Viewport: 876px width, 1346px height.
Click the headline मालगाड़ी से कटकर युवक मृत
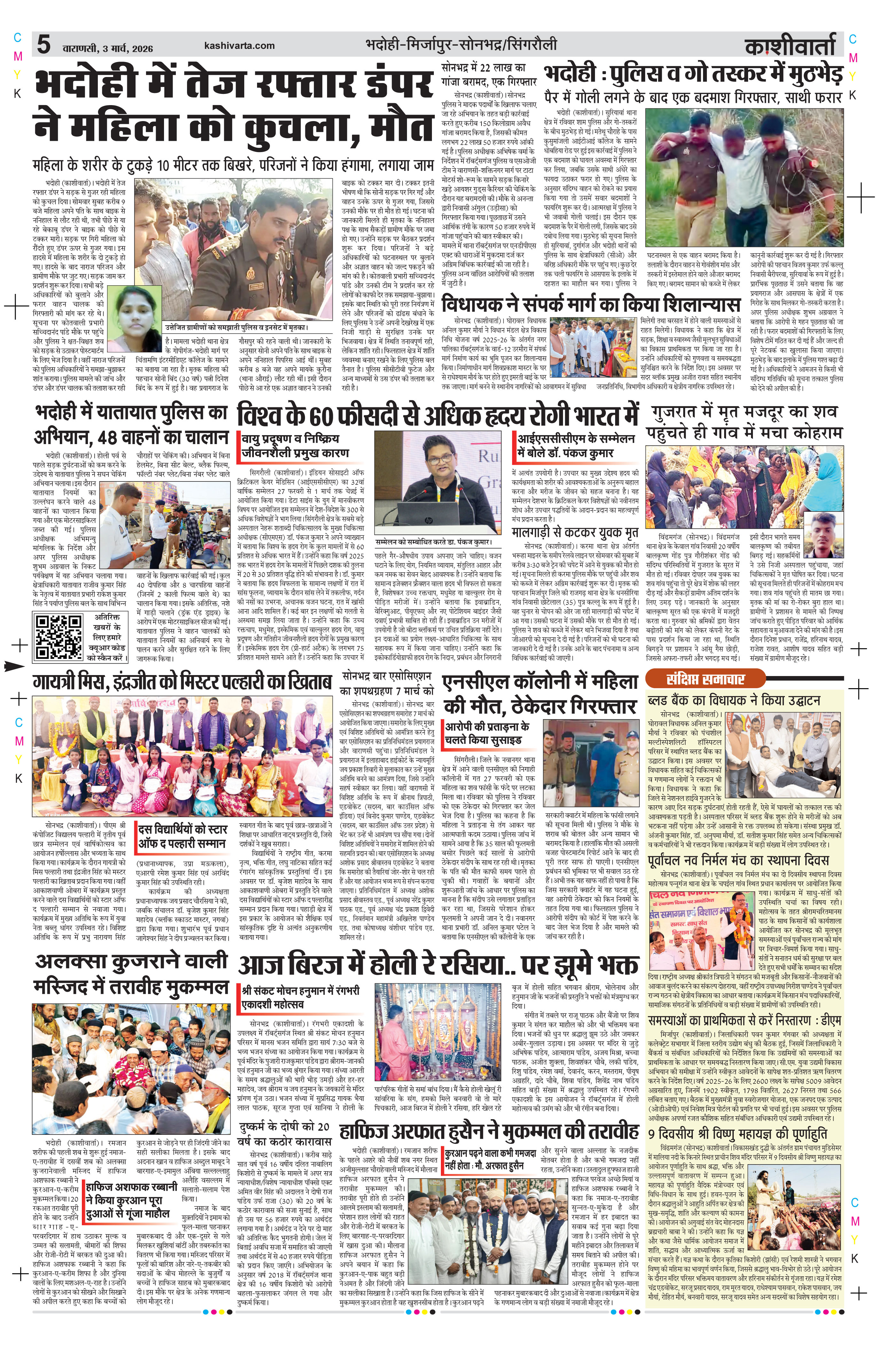point(575,533)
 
